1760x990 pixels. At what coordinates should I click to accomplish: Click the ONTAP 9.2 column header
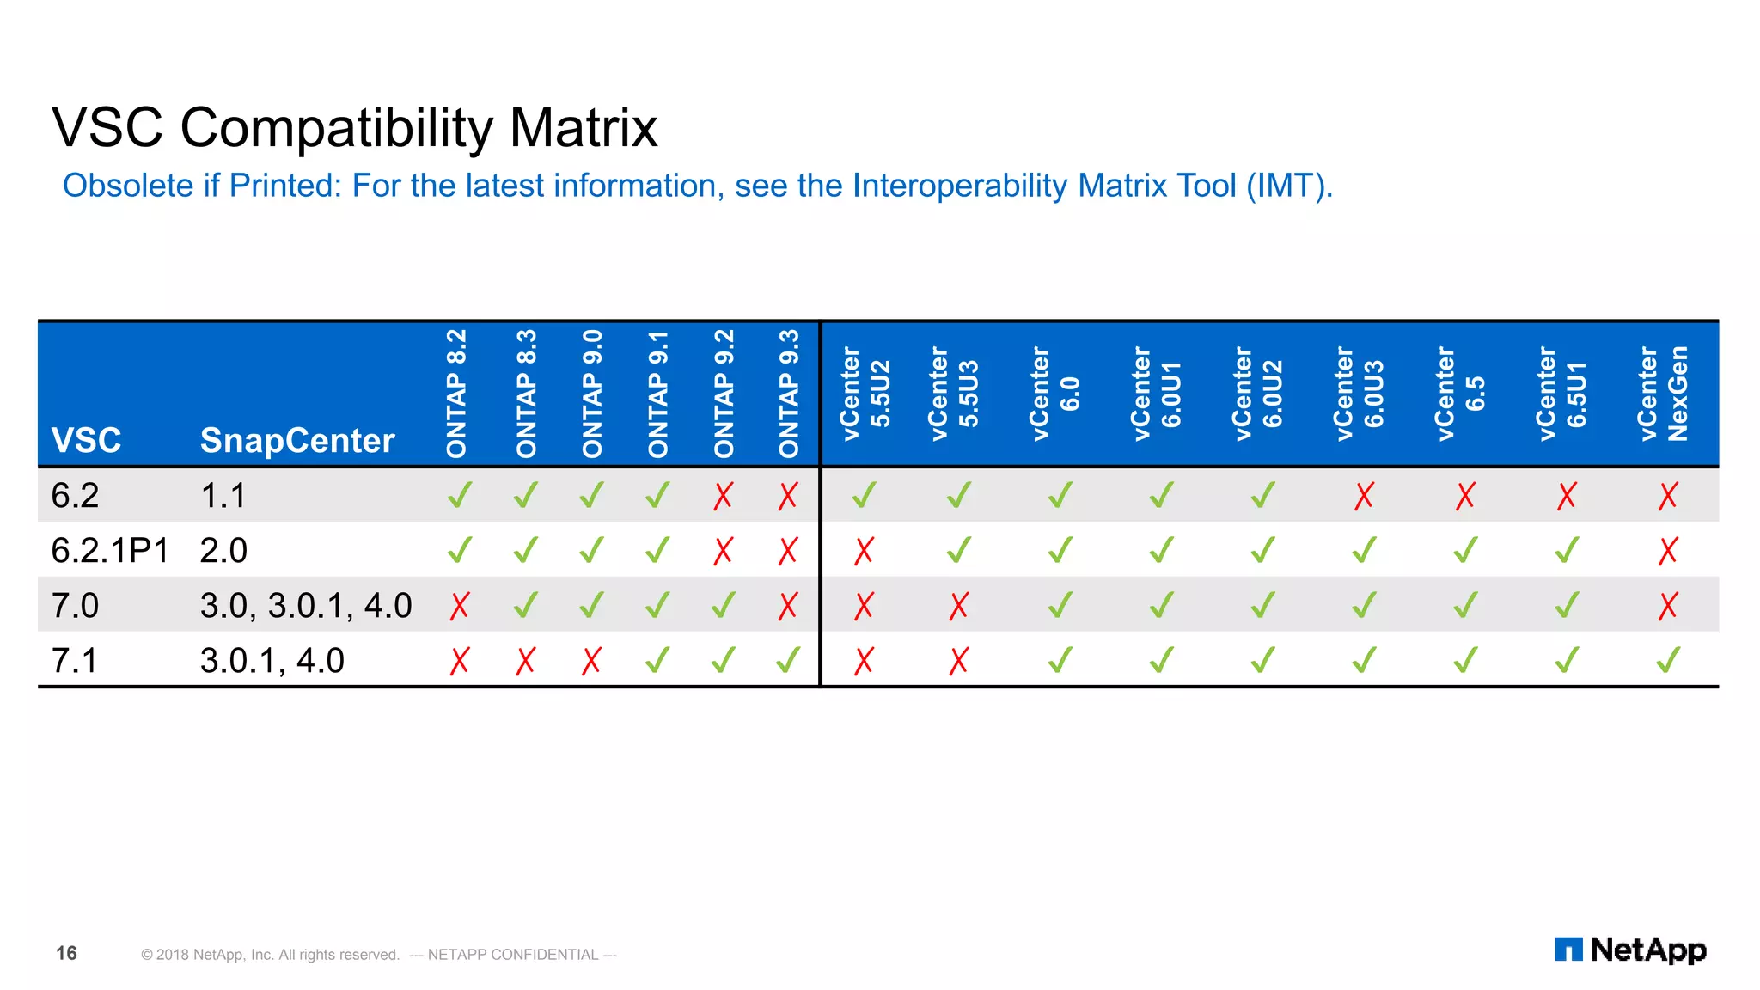[x=724, y=394]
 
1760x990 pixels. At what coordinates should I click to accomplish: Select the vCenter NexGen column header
[x=1664, y=394]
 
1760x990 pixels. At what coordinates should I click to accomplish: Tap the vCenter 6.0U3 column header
[x=1360, y=394]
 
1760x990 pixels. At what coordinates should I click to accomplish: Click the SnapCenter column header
[x=297, y=440]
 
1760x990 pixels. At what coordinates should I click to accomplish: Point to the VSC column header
[x=86, y=440]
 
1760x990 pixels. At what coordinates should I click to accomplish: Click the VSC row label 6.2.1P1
[x=110, y=550]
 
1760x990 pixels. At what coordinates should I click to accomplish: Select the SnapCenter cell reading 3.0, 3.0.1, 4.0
[x=306, y=606]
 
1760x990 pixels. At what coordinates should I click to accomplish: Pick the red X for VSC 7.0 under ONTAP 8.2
[x=460, y=606]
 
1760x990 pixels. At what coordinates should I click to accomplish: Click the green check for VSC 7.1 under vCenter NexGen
[x=1668, y=660]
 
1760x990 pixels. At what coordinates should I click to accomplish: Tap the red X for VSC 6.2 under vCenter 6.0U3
[x=1364, y=496]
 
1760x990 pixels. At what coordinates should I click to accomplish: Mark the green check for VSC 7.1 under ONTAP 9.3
[x=788, y=660]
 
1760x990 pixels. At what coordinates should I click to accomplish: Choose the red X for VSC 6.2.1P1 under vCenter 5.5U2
[x=864, y=551]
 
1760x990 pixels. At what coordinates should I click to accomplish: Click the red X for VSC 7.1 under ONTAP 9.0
[x=591, y=661]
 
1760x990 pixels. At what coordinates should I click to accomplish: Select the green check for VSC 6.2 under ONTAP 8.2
[x=460, y=495]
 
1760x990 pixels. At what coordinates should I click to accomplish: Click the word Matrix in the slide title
[x=584, y=127]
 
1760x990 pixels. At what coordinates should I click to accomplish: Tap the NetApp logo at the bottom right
[x=1630, y=950]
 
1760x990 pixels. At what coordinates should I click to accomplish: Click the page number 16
[x=66, y=953]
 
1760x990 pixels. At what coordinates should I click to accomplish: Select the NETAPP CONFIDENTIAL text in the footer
[x=513, y=955]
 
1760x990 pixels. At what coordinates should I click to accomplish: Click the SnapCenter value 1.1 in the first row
[x=223, y=496]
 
